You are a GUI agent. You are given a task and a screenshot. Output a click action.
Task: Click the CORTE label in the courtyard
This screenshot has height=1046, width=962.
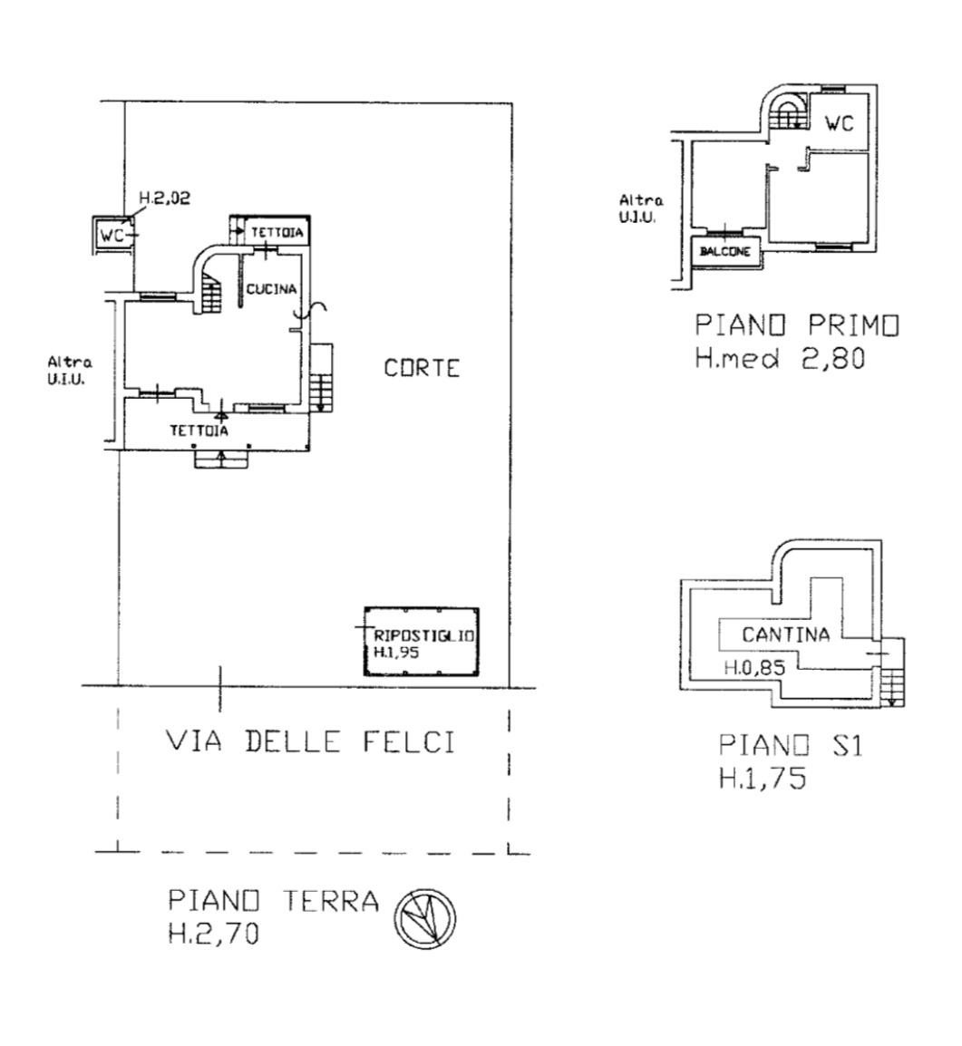click(422, 368)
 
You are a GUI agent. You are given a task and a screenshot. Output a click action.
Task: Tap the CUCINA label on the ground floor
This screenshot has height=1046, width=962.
click(271, 289)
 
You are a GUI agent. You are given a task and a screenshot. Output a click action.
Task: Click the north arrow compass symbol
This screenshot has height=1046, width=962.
click(426, 918)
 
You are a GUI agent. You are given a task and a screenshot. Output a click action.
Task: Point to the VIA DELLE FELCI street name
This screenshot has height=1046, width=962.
click(310, 741)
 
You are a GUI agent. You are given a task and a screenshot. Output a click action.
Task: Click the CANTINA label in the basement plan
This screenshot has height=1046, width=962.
click(786, 634)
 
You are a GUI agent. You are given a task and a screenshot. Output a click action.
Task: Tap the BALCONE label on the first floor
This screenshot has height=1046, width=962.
click(725, 251)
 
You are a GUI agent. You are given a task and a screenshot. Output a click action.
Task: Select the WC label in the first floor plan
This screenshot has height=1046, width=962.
click(839, 123)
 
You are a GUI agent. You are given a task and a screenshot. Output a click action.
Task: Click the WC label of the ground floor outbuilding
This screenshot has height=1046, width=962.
click(112, 235)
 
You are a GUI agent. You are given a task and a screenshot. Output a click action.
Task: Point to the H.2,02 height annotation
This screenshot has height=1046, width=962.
click(165, 198)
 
